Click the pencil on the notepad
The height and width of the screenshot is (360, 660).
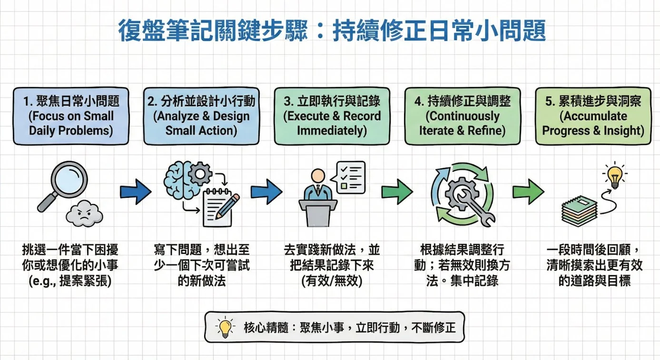(x=228, y=206)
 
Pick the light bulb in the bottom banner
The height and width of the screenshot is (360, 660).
(x=225, y=327)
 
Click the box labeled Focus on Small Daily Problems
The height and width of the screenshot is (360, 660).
(x=71, y=116)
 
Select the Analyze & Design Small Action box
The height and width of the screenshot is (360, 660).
(x=201, y=116)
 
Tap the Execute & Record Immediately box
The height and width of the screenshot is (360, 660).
(x=332, y=116)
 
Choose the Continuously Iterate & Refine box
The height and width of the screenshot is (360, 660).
(x=462, y=116)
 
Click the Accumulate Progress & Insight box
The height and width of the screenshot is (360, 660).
(x=593, y=116)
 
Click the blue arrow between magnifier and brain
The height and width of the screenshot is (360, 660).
(x=135, y=192)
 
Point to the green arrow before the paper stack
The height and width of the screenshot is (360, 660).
(x=528, y=192)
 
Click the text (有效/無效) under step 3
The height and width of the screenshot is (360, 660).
(x=332, y=281)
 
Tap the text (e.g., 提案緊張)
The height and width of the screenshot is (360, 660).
(x=70, y=281)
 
